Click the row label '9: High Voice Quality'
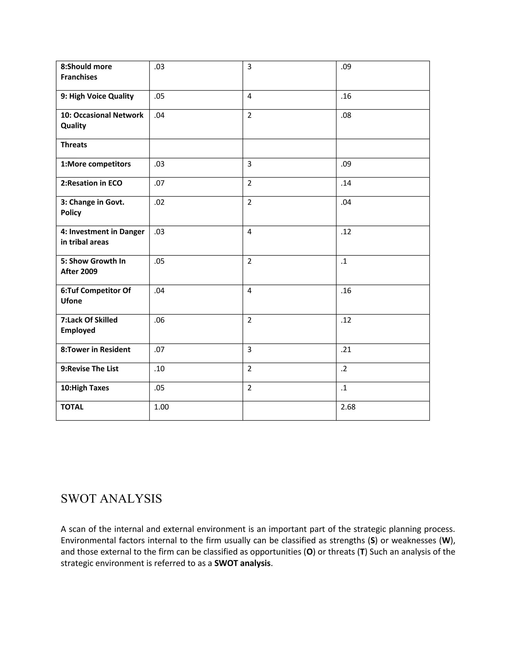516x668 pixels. [97, 96]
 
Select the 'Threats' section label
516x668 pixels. [74, 145]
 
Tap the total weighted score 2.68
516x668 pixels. [348, 407]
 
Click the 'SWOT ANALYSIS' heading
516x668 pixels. [111, 499]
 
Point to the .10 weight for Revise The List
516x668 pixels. [159, 369]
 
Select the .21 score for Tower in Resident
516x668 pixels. [346, 349]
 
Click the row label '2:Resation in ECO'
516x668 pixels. [91, 183]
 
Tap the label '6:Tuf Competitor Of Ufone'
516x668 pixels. [95, 295]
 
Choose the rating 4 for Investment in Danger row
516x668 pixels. [249, 232]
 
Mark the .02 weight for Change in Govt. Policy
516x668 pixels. [159, 202]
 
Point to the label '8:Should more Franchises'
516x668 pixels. [86, 72]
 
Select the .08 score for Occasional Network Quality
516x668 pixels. [346, 115]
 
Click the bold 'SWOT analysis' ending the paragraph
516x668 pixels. [242, 563]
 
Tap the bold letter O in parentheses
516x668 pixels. [309, 552]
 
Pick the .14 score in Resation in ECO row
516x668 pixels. [346, 183]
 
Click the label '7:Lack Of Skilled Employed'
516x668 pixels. [89, 325]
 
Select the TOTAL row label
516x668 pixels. [72, 407]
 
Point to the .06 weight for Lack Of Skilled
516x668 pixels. [159, 320]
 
